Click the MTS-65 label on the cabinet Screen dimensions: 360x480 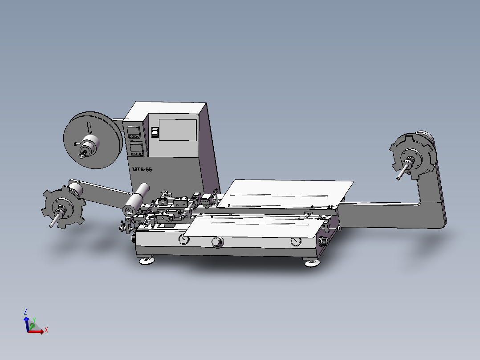click(142, 169)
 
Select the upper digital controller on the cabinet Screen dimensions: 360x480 click(134, 132)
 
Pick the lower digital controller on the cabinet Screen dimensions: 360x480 click(136, 149)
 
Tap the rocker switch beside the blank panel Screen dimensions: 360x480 click(155, 132)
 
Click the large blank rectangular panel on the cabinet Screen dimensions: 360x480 click(177, 130)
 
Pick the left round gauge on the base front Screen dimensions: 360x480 click(183, 240)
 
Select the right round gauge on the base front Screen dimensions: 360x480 click(296, 241)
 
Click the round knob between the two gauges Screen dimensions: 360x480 click(217, 242)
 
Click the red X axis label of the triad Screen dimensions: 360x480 click(46, 330)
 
